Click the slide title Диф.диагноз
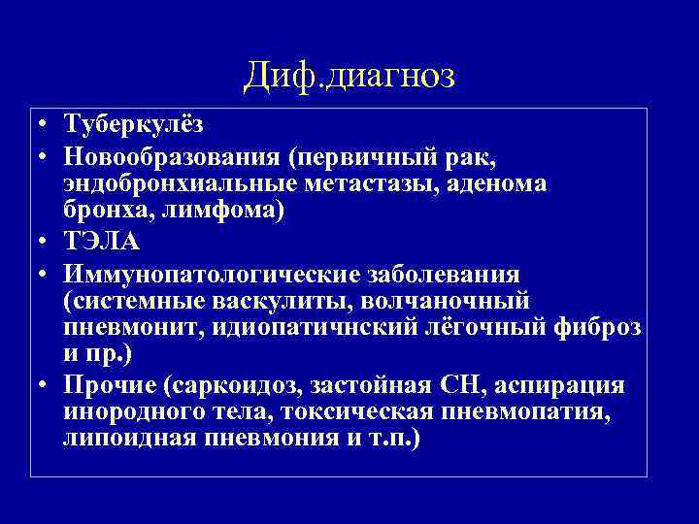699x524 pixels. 349,74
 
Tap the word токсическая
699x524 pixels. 354,414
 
